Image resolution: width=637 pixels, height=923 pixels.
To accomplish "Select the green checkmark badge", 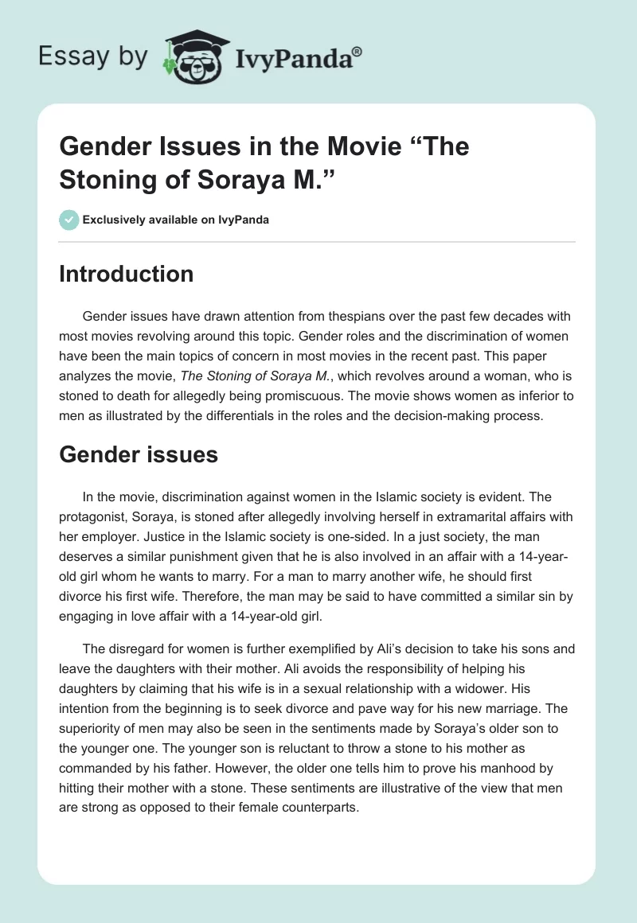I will (68, 220).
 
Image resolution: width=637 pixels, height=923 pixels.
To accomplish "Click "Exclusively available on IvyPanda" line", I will (175, 220).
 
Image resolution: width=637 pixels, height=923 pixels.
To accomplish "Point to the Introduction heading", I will (126, 274).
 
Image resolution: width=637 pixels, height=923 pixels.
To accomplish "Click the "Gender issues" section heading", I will (139, 455).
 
